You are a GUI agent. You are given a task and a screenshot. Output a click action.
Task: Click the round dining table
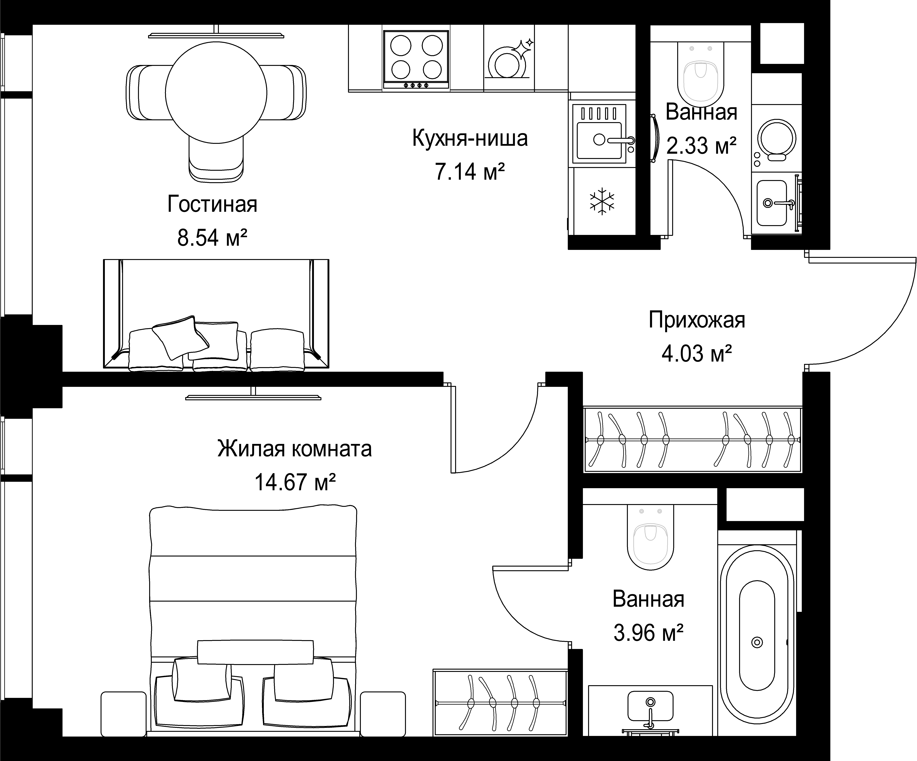coord(216,93)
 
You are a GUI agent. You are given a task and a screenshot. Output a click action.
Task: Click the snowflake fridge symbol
coord(602,201)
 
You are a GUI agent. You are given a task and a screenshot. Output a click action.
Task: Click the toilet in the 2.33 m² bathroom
coord(701,77)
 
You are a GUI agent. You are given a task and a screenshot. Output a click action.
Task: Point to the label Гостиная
coord(212,204)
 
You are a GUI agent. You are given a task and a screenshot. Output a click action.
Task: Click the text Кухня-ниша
coord(470,138)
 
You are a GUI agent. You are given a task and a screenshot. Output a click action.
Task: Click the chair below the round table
coord(216,159)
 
